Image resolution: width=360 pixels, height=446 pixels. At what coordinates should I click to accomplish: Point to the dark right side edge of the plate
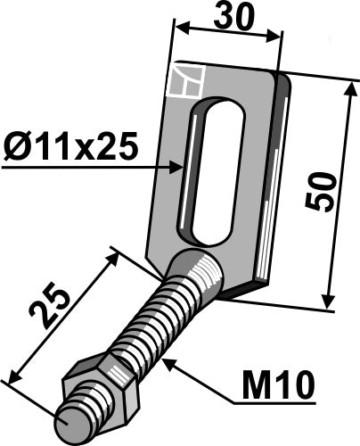283,178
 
